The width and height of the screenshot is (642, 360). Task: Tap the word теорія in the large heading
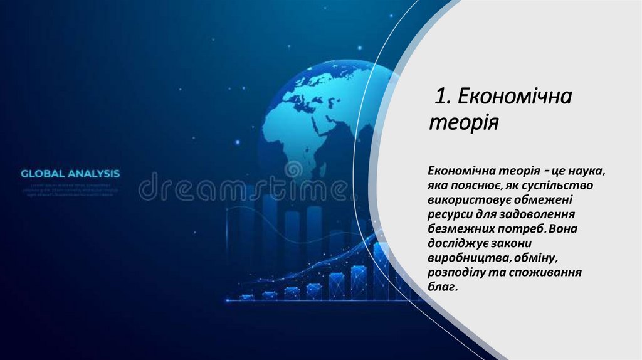(463, 121)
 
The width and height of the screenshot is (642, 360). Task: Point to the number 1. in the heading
(445, 97)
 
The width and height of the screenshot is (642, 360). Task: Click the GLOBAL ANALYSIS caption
(70, 173)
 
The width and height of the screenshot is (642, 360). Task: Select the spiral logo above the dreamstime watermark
(293, 169)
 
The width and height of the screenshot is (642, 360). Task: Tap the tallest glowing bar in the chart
(381, 270)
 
